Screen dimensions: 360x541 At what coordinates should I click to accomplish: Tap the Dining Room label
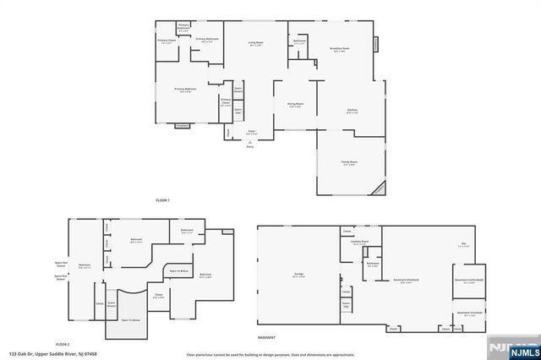point(295,106)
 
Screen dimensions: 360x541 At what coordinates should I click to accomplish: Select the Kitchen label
point(352,112)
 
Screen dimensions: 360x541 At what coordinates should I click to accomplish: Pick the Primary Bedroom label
point(186,90)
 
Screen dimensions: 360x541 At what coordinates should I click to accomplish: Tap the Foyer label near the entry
point(251,133)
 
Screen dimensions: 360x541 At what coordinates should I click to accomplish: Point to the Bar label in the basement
point(462,246)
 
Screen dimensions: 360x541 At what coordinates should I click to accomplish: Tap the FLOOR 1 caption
point(163,200)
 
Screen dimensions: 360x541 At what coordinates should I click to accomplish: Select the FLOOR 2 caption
point(63,345)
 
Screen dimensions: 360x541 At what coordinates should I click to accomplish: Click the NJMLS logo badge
point(517,349)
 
